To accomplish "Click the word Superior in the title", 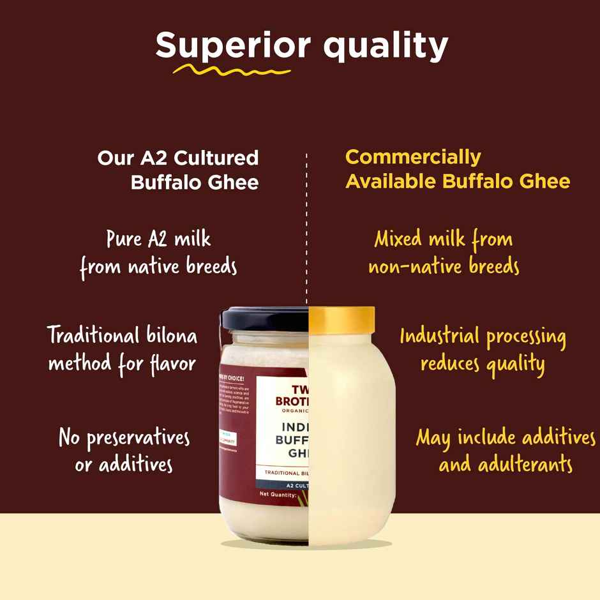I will [233, 45].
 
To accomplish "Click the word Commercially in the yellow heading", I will [413, 157].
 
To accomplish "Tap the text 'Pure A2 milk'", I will [158, 239].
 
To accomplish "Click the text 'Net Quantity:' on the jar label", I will [278, 494].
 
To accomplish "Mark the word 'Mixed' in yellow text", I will [398, 239].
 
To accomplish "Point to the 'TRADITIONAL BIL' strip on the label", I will [283, 474].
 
